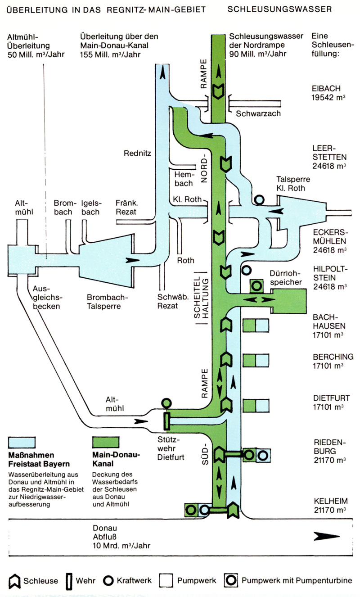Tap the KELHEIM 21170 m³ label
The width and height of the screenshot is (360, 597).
[x=329, y=506]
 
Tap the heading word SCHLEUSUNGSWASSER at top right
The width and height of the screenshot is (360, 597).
[x=279, y=9]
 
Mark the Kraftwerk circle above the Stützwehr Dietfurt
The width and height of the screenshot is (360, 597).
[x=166, y=403]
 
